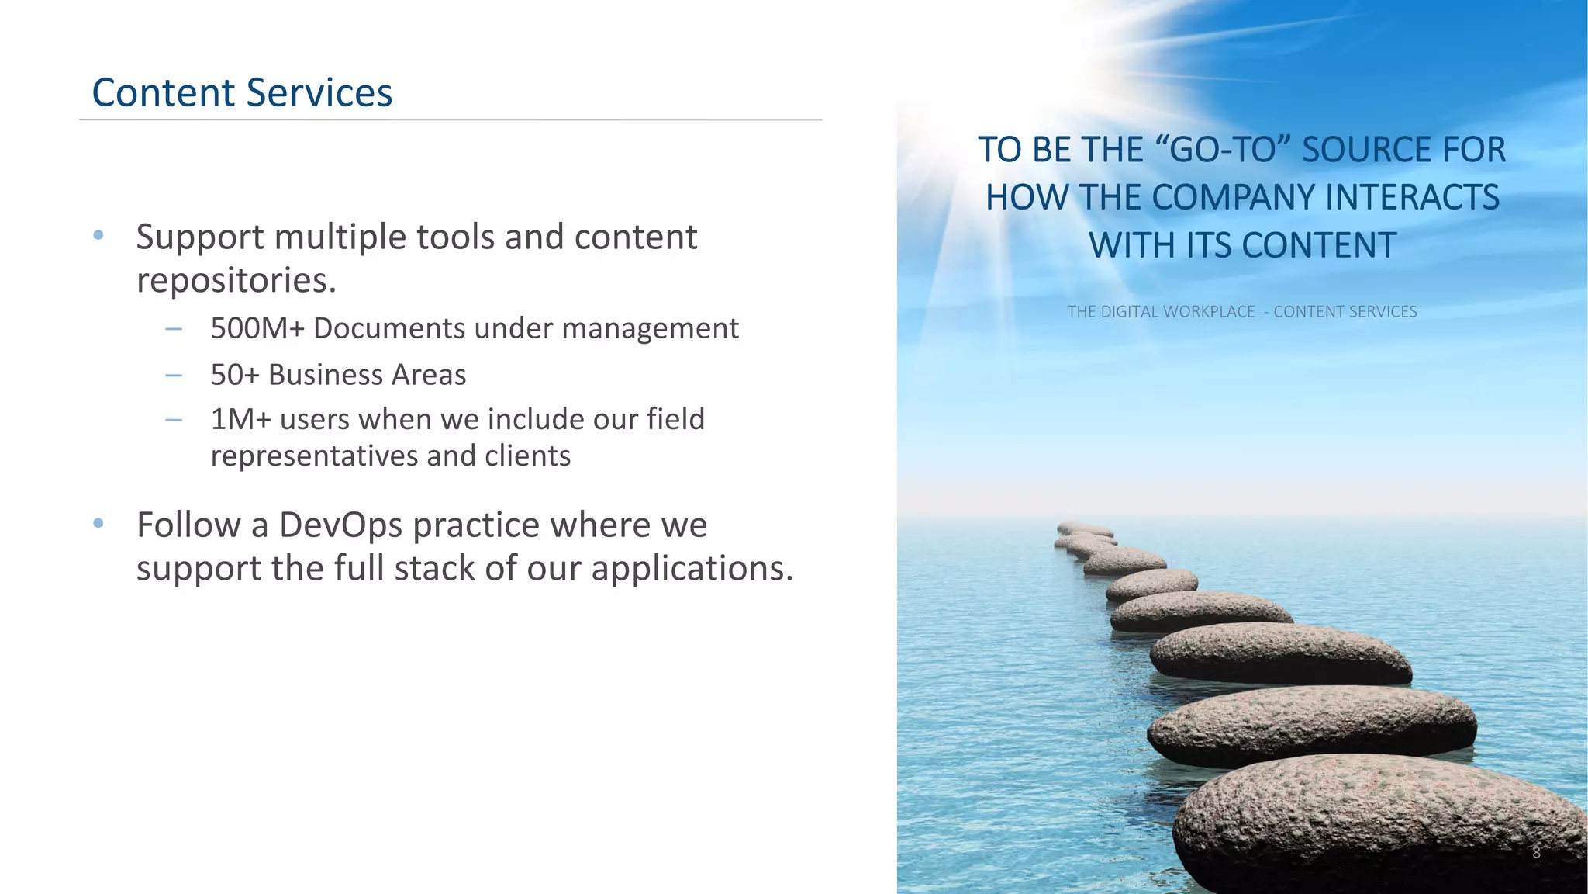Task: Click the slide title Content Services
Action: (242, 92)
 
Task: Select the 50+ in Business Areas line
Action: (234, 375)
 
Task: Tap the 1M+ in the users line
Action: (240, 419)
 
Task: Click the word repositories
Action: (236, 281)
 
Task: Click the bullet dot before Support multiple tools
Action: (98, 235)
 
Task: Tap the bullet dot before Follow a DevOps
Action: (98, 524)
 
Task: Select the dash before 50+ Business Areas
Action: (174, 376)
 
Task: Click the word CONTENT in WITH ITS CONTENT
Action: (1318, 246)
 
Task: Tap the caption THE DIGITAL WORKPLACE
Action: (1160, 312)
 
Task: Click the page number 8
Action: (1536, 852)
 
